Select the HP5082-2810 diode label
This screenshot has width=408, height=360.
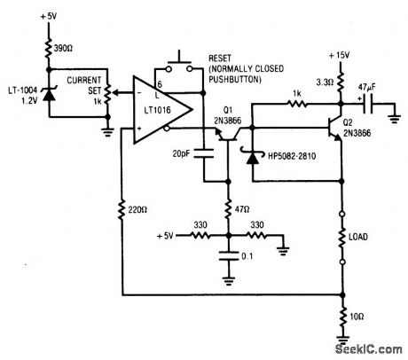(x=289, y=165)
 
